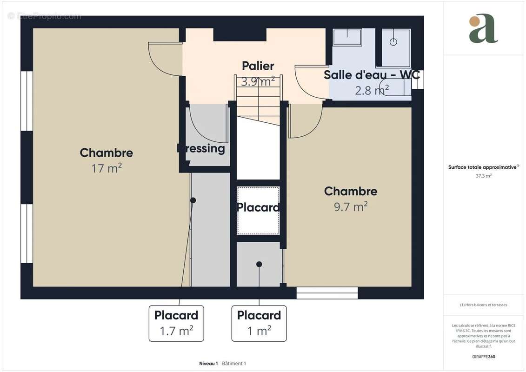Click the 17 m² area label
point(107,168)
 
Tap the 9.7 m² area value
point(351,207)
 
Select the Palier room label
point(258,66)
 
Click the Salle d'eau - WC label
point(372,75)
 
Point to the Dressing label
point(201,149)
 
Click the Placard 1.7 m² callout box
point(176,323)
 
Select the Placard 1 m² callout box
point(259,323)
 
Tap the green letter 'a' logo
point(483,29)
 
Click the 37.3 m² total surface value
point(484,176)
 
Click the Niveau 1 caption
point(208,363)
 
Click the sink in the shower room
point(347,37)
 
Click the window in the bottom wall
point(327,293)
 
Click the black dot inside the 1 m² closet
point(259,264)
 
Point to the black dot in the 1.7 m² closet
point(193,200)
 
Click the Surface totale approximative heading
point(483,167)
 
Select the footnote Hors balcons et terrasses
point(484,305)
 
